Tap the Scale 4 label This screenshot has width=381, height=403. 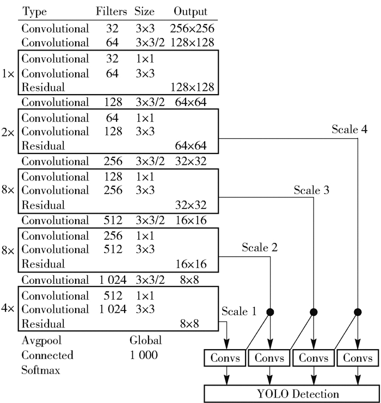[x=351, y=130]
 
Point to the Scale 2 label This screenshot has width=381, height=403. [x=260, y=248]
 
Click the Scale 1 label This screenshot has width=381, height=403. [x=238, y=312]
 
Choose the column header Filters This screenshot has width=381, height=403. [x=111, y=11]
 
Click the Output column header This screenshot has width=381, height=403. [x=190, y=11]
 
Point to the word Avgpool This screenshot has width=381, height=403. [x=40, y=341]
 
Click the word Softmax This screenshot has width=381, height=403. [x=41, y=370]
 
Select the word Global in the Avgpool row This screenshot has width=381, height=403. [x=145, y=341]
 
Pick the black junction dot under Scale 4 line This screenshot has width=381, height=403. [x=358, y=312]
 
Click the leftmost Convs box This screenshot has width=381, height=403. [x=224, y=359]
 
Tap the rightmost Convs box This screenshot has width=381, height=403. [x=358, y=359]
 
